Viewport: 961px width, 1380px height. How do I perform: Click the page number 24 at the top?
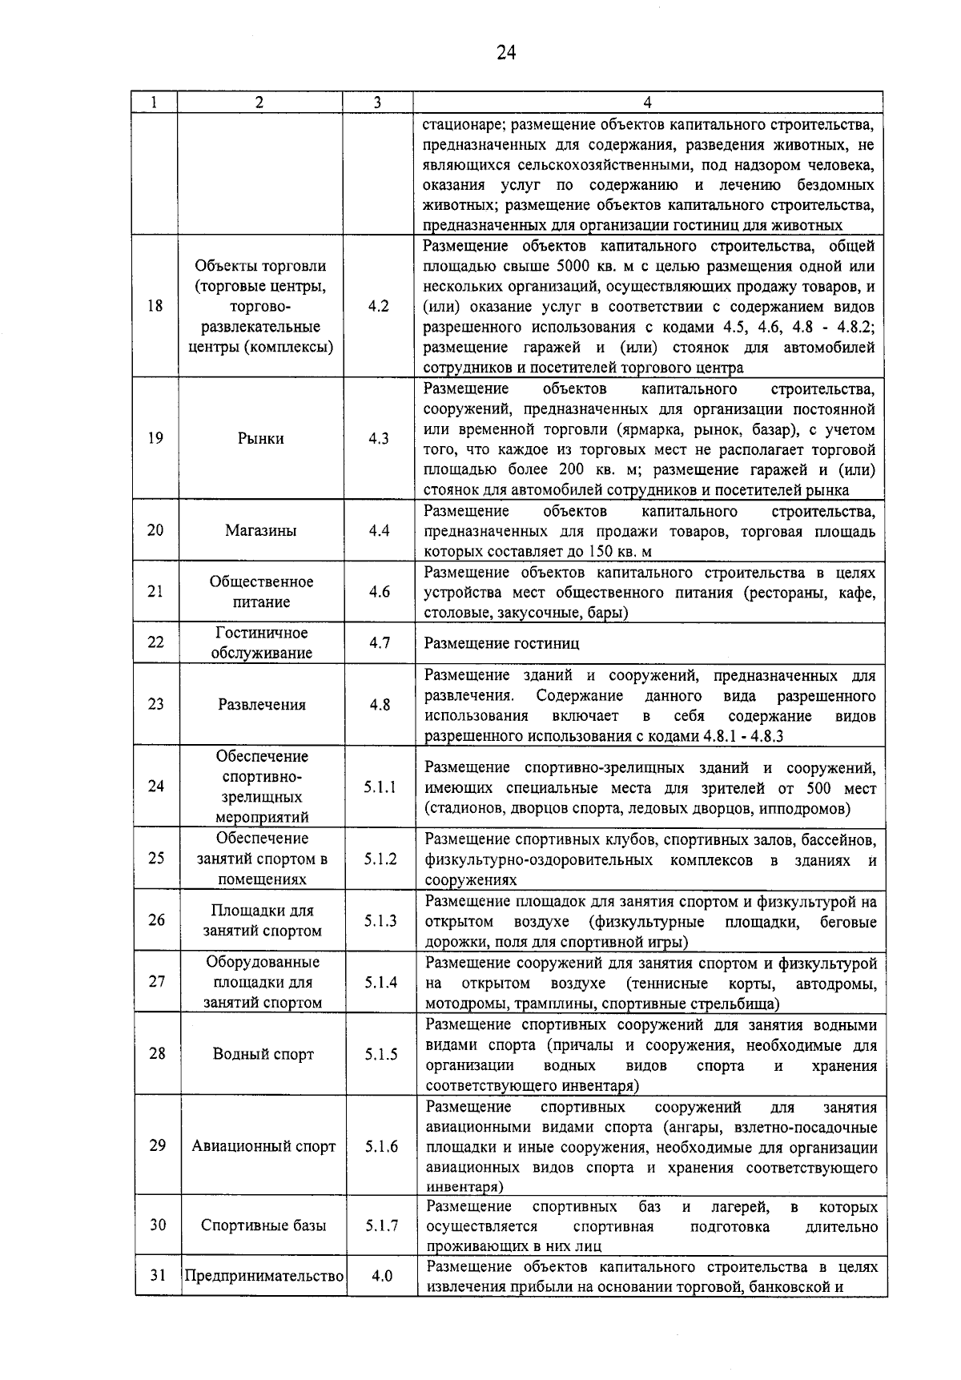click(x=506, y=53)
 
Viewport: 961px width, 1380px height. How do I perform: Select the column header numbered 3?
click(x=377, y=103)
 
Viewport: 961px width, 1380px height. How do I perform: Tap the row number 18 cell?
click(x=155, y=305)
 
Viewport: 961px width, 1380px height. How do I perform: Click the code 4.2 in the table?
click(x=379, y=306)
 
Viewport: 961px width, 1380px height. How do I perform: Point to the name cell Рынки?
click(x=260, y=439)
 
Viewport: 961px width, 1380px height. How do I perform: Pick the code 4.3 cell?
click(x=379, y=439)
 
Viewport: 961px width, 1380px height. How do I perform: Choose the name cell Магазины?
click(x=260, y=530)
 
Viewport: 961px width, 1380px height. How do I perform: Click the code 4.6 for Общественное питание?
click(x=380, y=591)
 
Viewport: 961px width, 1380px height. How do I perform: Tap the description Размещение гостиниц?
click(x=501, y=643)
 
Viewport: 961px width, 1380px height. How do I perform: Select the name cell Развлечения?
click(x=262, y=705)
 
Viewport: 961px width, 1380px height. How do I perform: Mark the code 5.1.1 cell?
click(x=380, y=787)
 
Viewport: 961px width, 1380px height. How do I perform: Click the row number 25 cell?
click(x=156, y=858)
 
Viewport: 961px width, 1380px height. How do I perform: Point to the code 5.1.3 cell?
click(x=381, y=921)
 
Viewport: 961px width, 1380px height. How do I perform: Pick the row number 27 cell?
click(x=157, y=981)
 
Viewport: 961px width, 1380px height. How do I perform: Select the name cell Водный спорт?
click(x=263, y=1054)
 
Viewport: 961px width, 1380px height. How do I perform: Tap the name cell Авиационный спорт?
click(x=263, y=1146)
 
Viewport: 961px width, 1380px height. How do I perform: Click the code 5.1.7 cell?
click(x=382, y=1225)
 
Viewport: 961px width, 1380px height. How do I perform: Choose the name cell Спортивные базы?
click(x=263, y=1225)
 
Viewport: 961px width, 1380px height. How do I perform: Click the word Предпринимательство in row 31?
click(x=264, y=1276)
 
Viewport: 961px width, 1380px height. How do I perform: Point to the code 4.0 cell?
click(x=382, y=1276)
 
